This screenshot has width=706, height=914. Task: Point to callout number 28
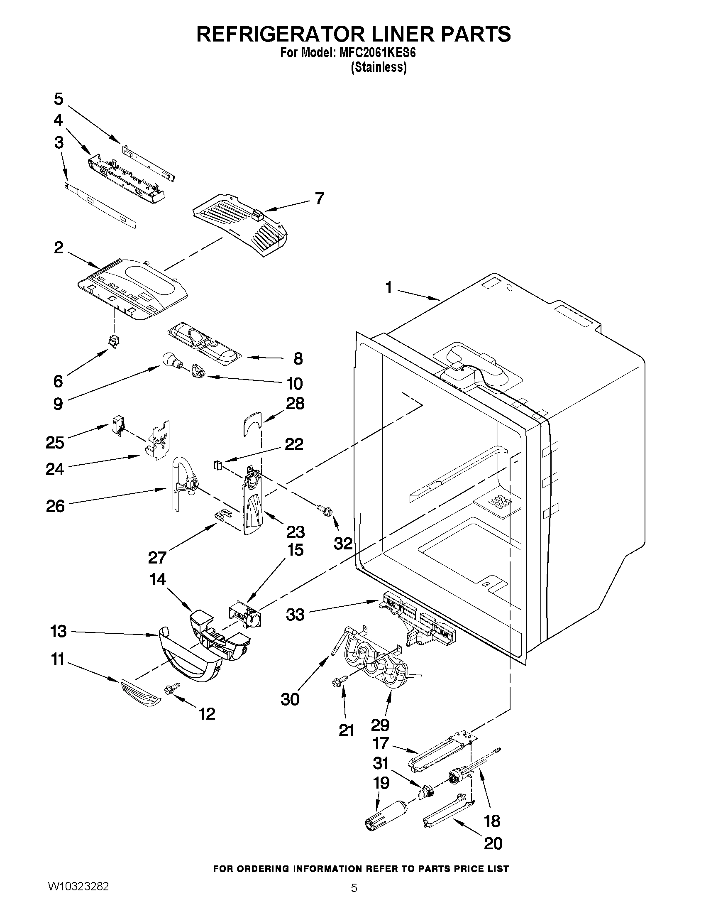coord(295,404)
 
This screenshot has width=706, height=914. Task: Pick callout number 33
coord(295,615)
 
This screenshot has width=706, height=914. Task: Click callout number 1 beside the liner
coord(389,288)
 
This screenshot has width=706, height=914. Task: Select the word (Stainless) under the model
coord(379,67)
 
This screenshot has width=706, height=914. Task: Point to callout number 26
coord(56,506)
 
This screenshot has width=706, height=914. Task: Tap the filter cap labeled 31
coord(425,790)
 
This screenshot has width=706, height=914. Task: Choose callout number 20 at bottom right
coord(493,843)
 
